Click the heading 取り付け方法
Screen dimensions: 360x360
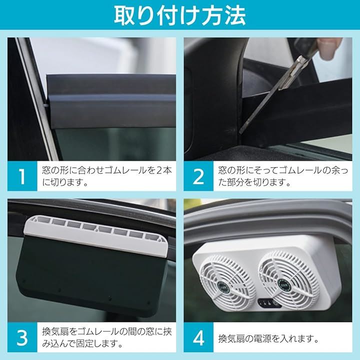coord(180,15)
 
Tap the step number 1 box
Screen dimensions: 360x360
coord(22,176)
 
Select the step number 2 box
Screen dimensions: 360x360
coord(198,176)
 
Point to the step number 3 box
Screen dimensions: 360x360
coord(22,337)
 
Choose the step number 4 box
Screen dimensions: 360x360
coord(198,337)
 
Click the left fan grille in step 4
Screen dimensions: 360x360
coord(228,280)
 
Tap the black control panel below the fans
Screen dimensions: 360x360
coord(269,303)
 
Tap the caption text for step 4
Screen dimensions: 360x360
coord(268,338)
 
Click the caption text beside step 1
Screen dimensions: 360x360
coord(107,176)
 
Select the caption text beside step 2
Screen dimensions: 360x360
coord(283,176)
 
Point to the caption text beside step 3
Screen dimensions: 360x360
coord(107,337)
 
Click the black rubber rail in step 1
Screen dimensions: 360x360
coord(111,101)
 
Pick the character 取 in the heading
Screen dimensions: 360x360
coord(124,15)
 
